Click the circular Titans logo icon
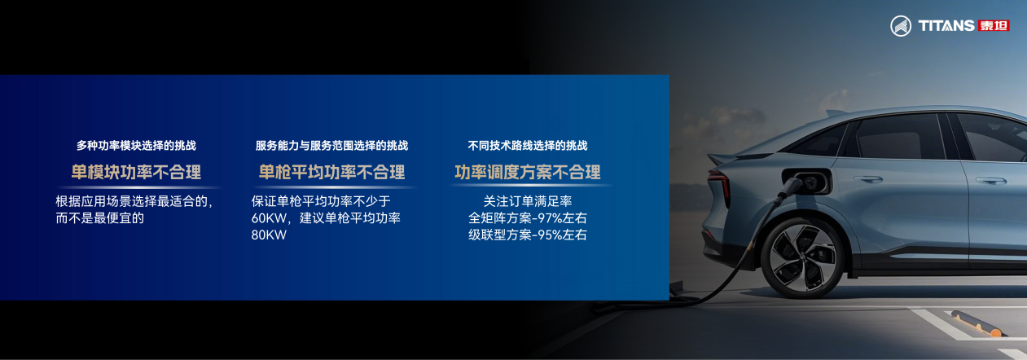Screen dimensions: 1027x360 point(901,26)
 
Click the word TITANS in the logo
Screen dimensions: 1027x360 point(946,26)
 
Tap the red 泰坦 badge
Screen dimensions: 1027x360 point(994,26)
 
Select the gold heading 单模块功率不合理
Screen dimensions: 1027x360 point(136,172)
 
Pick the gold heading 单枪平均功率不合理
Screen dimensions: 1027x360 point(332,172)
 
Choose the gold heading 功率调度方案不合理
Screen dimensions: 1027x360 point(528,172)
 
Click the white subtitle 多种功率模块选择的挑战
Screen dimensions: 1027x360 point(136,145)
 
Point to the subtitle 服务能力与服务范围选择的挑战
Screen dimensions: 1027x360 point(332,145)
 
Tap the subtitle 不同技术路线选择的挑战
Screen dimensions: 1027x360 point(528,145)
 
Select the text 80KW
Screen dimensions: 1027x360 point(269,235)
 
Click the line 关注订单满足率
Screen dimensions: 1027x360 point(528,201)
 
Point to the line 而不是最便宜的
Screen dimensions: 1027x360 point(100,217)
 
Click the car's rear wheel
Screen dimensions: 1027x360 point(803,257)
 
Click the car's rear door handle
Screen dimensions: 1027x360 point(867,179)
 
